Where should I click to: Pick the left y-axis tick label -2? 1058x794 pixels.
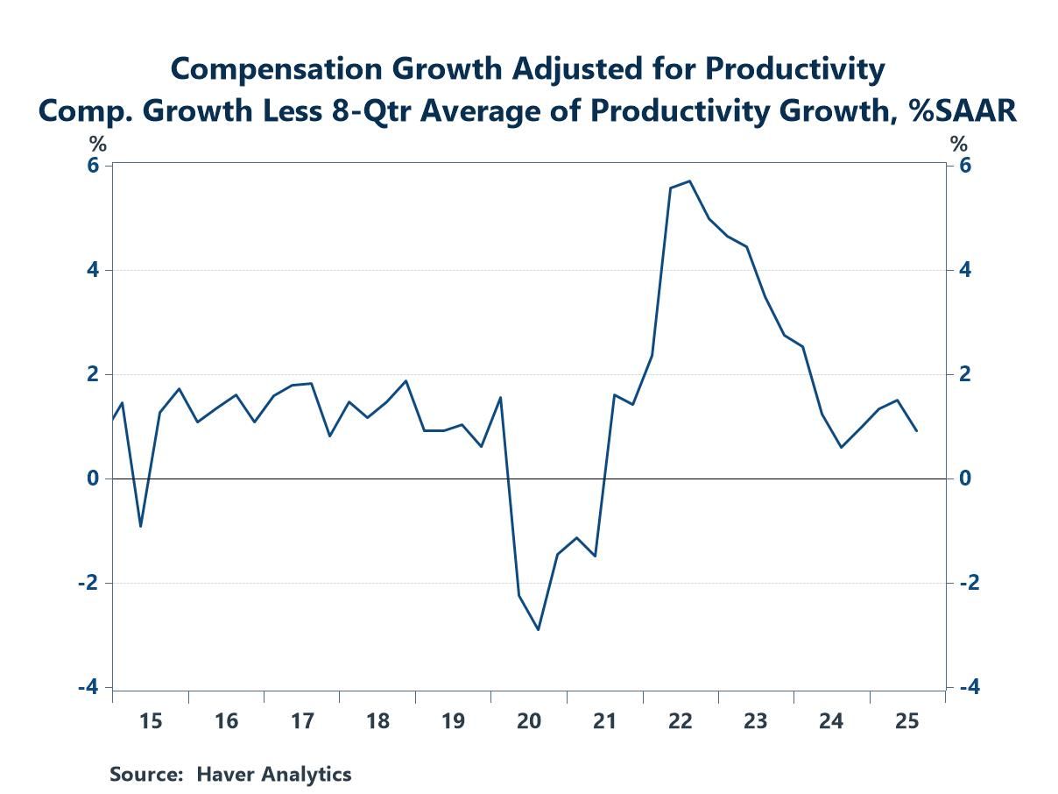88,584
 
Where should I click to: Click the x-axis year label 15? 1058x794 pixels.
151,722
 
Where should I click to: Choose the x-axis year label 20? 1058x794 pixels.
529,722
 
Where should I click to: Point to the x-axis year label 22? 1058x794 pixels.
681,722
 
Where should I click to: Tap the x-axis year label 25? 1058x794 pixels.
907,722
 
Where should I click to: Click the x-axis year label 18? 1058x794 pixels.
377,722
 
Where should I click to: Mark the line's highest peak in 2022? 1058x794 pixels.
690,181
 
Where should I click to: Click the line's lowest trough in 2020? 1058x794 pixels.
539,629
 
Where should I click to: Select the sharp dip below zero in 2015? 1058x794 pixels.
140,527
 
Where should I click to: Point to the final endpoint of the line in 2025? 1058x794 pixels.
917,431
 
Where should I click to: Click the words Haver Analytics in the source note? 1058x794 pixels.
273,775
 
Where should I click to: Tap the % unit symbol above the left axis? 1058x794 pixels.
97,145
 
